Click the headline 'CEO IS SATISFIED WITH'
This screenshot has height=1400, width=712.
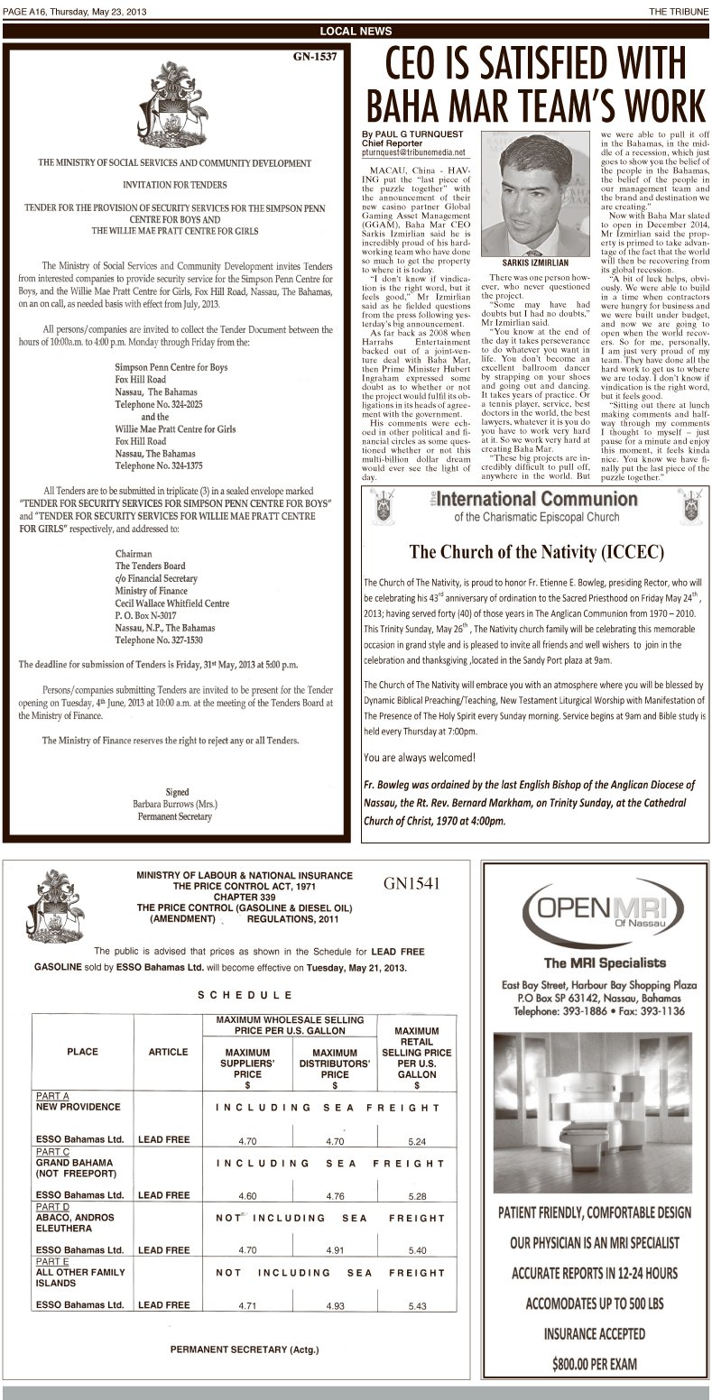(x=535, y=67)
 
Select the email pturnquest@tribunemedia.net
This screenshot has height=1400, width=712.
(x=411, y=152)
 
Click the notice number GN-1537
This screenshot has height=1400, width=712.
(x=315, y=57)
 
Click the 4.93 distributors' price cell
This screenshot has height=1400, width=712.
(x=335, y=1305)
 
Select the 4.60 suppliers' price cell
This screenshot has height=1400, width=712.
(x=247, y=1196)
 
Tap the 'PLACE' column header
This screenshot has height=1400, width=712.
(x=82, y=1052)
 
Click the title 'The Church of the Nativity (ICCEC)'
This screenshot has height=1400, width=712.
(x=537, y=551)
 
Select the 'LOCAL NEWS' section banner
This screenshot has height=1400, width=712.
(x=356, y=31)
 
